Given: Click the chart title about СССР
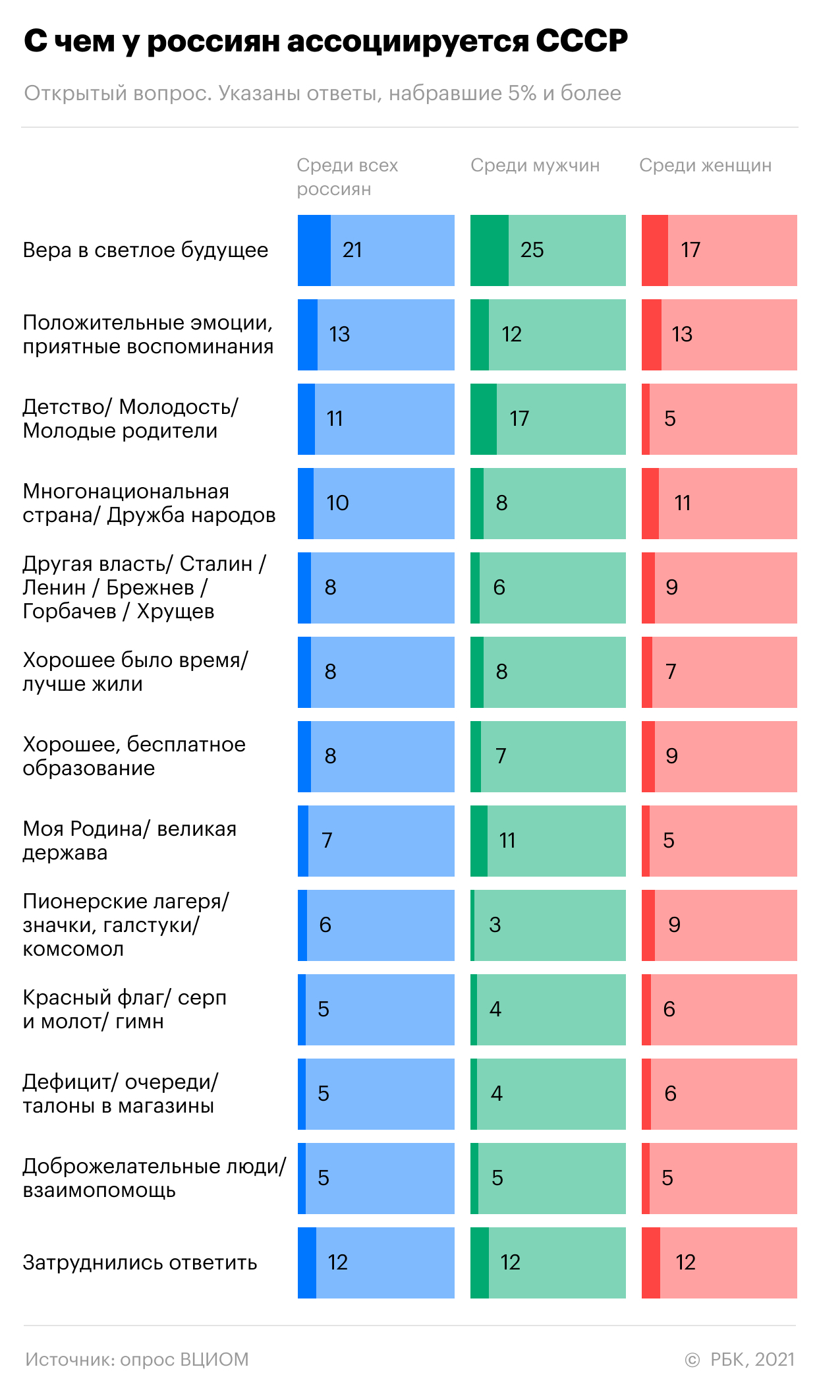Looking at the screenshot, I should click(x=325, y=41).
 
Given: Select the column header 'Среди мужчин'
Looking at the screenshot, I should click(x=535, y=165).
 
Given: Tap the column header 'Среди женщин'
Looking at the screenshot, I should click(x=705, y=165).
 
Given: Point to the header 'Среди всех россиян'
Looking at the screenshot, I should click(x=347, y=177).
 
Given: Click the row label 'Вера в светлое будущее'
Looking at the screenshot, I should click(x=146, y=250).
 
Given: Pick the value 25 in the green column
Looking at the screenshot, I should click(x=532, y=250).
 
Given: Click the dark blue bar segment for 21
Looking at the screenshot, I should click(x=314, y=250).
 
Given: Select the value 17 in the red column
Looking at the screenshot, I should click(x=690, y=250).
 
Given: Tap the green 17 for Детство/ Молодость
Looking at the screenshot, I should click(x=519, y=419).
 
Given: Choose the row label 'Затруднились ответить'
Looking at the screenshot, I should click(x=140, y=1262).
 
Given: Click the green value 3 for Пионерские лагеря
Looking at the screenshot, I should click(x=495, y=925).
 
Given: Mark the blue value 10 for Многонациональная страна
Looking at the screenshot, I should click(x=337, y=503).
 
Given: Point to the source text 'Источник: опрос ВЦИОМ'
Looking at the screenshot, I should click(x=137, y=1359).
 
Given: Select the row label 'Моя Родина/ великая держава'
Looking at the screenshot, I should click(x=130, y=840).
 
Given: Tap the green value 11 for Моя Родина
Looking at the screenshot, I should click(x=507, y=840).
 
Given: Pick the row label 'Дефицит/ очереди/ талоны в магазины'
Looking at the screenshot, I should click(x=120, y=1094).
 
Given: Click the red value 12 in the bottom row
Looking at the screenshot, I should click(x=685, y=1262).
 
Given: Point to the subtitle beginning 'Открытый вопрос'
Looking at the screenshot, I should click(x=323, y=94).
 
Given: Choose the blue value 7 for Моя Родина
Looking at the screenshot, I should click(x=327, y=840).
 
